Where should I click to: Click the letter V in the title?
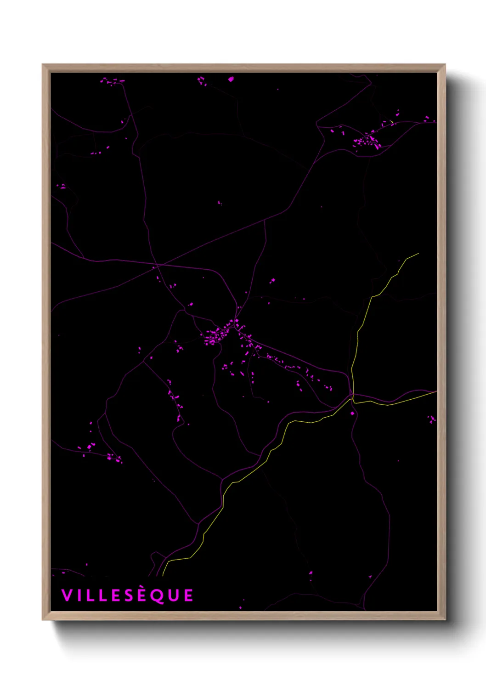[x=67, y=595]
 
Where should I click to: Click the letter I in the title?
[x=79, y=595]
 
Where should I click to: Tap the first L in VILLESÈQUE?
[x=89, y=595]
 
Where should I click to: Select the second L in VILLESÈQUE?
[x=102, y=595]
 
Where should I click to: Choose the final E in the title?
[x=188, y=595]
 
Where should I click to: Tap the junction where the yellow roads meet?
[x=353, y=399]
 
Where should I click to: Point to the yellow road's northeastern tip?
[x=418, y=253]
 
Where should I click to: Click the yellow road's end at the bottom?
[x=163, y=575]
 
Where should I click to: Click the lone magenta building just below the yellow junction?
[x=352, y=414]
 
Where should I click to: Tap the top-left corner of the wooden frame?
[x=43, y=65]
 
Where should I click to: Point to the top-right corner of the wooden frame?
[x=445, y=65]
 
